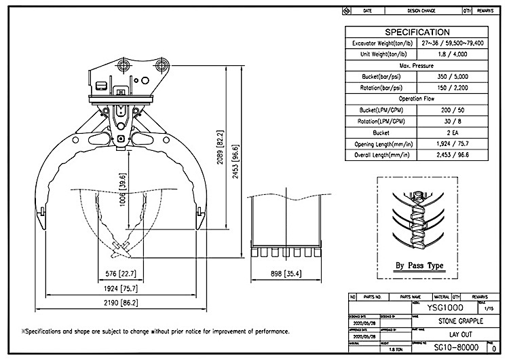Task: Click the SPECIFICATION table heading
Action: [417, 32]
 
